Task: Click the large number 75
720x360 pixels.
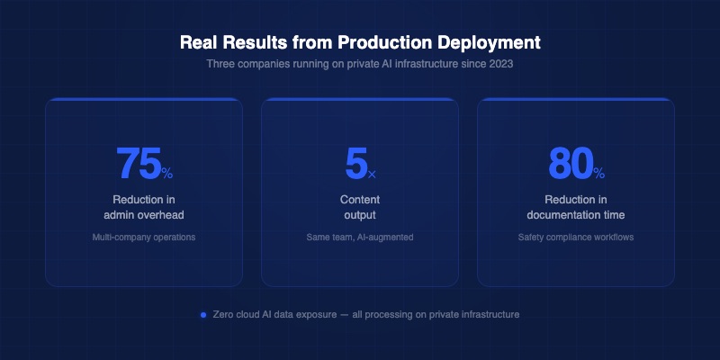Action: pyautogui.click(x=138, y=163)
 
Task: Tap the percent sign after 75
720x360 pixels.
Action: pyautogui.click(x=167, y=171)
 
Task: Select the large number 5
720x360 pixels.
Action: pyautogui.click(x=355, y=163)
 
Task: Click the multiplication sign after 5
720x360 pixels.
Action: pyautogui.click(x=373, y=173)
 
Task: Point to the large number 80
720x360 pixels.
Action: pyautogui.click(x=570, y=163)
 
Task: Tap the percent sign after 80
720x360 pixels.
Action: pyautogui.click(x=599, y=171)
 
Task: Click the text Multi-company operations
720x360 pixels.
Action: pyautogui.click(x=144, y=238)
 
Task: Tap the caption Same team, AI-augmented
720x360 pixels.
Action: pyautogui.click(x=360, y=238)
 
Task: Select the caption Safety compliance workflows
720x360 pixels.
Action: pyautogui.click(x=576, y=238)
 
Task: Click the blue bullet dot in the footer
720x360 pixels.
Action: pyautogui.click(x=204, y=315)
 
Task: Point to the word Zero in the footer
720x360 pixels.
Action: pyautogui.click(x=224, y=315)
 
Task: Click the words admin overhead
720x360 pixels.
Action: pyautogui.click(x=144, y=215)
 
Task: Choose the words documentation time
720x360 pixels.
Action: pyautogui.click(x=576, y=215)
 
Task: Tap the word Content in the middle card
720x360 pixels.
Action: pyautogui.click(x=360, y=199)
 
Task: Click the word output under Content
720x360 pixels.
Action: pyautogui.click(x=360, y=215)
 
